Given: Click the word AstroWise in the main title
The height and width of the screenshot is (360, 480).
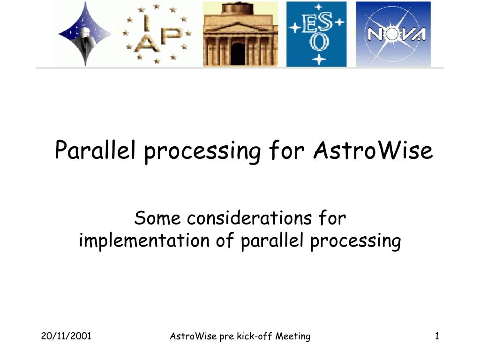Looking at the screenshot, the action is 373,150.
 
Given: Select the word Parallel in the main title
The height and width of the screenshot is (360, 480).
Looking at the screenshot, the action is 95,150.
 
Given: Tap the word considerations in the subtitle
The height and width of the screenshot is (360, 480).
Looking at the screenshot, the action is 249,218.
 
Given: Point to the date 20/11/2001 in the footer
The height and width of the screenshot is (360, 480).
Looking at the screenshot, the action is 66,336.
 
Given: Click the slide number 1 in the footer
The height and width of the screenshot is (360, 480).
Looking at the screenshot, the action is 437,336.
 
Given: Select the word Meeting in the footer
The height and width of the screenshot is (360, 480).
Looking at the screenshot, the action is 292,337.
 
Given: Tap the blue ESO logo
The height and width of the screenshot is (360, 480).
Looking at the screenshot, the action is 316,34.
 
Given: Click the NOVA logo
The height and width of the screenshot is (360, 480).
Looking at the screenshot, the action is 393,34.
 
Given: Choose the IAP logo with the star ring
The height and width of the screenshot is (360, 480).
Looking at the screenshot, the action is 157,34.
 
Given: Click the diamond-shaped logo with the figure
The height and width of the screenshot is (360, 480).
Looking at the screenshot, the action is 85,34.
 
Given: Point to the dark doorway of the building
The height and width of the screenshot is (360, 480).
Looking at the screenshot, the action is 238,53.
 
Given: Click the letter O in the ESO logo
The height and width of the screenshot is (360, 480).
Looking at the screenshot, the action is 319,42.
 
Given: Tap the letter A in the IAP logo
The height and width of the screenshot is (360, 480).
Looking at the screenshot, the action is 147,43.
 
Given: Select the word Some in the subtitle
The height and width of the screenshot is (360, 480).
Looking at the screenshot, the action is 157,218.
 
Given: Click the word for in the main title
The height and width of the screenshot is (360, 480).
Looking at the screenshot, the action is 286,150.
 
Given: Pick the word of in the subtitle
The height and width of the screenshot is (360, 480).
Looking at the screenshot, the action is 225,240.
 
